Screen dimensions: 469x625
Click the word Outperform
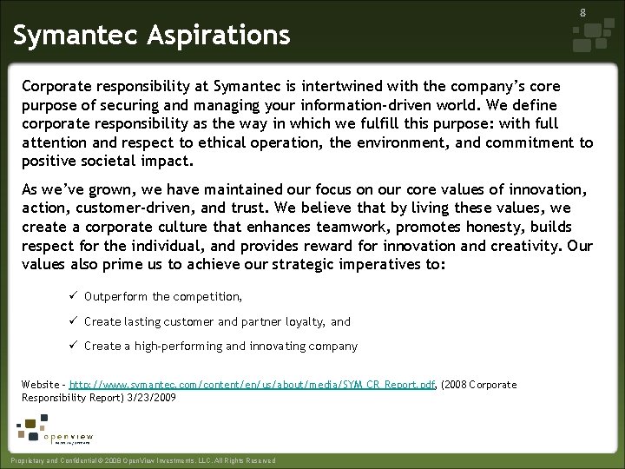(116, 297)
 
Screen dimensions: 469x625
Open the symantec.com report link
(252, 384)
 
